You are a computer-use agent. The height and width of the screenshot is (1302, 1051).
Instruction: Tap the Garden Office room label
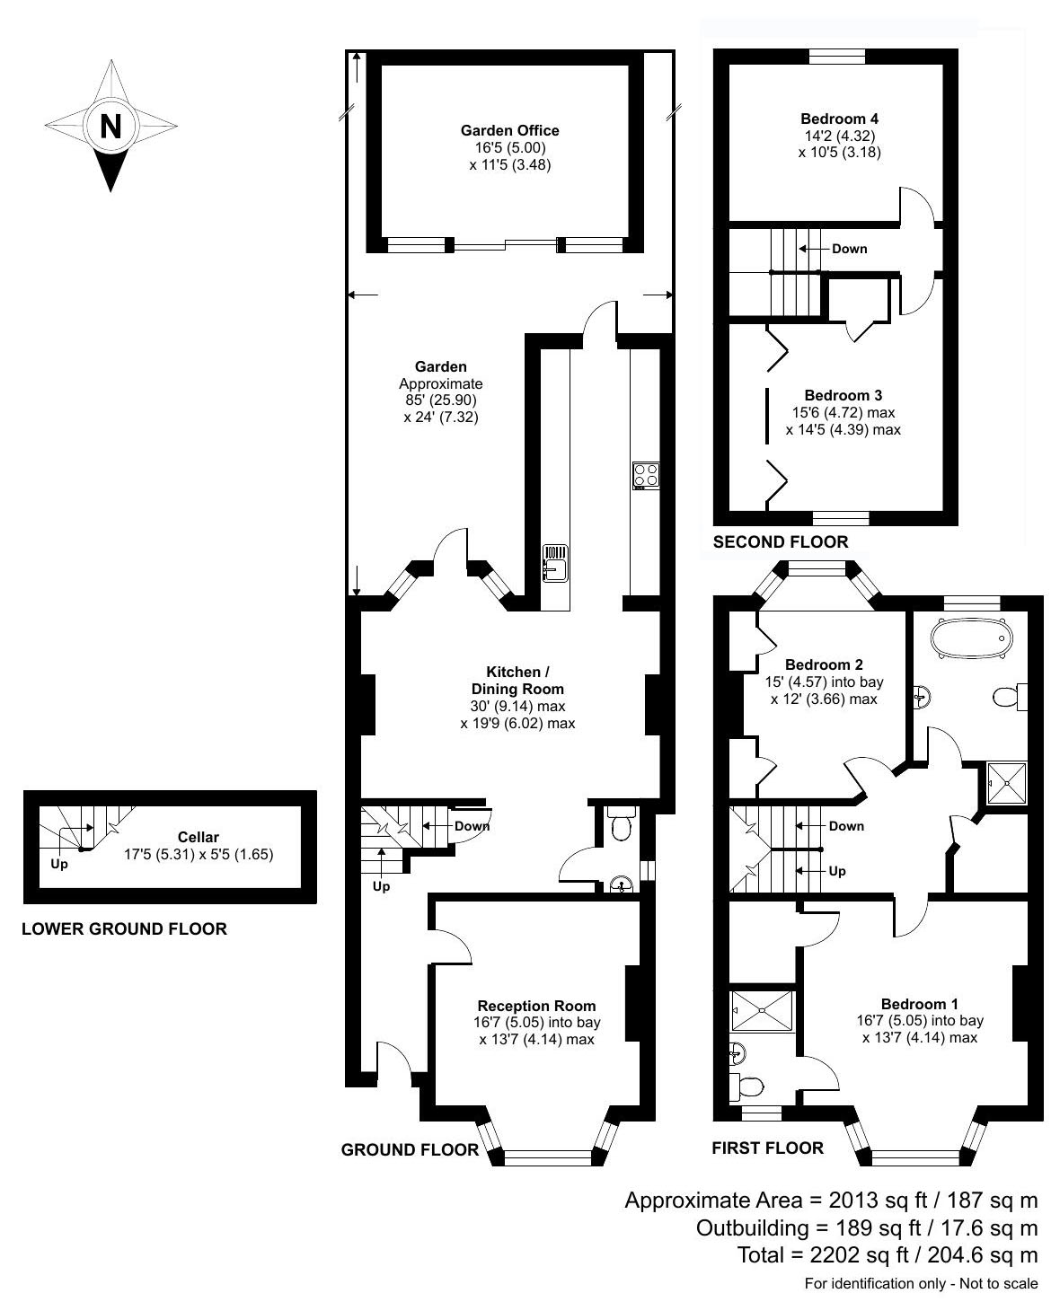pos(509,130)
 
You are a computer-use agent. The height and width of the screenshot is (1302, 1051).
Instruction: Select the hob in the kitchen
pos(645,475)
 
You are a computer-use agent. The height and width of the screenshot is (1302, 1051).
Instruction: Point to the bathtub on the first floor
pos(971,638)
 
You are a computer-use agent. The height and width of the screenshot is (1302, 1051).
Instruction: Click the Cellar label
pos(198,837)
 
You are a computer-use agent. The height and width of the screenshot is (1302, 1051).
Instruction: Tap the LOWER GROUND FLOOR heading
pos(124,929)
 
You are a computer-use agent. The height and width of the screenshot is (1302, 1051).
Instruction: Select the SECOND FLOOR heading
pos(780,541)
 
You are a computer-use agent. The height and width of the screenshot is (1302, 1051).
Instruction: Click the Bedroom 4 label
pos(839,119)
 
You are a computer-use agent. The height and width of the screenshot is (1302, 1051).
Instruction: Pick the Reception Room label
pos(536,1006)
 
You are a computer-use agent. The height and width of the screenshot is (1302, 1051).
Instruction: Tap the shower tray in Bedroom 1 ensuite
pos(763,1010)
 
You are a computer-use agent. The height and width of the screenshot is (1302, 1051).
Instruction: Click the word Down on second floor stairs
pos(849,249)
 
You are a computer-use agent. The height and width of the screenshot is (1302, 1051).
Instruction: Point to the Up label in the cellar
pos(58,865)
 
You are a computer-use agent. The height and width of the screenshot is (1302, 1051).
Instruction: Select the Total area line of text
pos(887,1255)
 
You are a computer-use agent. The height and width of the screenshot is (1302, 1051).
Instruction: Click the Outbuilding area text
pos(867,1227)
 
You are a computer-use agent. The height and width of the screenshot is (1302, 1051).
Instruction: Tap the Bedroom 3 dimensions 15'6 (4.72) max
pos(843,413)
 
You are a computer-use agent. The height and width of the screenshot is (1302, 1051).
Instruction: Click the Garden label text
pos(440,366)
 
